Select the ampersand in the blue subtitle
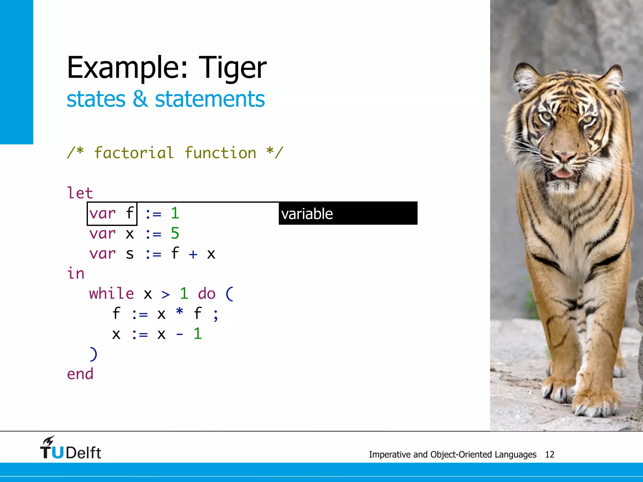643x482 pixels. point(140,99)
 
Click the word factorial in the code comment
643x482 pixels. point(134,153)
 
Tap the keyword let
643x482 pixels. point(80,193)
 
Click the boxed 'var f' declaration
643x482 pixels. point(112,214)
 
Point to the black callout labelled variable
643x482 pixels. point(348,213)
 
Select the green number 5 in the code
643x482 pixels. point(175,233)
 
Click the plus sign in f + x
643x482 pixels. point(193,254)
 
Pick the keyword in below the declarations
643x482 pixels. point(76,274)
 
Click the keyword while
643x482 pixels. point(111,294)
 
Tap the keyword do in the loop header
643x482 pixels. point(207,294)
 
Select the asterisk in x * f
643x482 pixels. point(180,313)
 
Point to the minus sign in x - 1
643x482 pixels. point(180,334)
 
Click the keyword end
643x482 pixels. point(80,374)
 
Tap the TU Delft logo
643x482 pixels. point(71,448)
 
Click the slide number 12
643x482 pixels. point(549,454)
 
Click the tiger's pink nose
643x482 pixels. point(564,156)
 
